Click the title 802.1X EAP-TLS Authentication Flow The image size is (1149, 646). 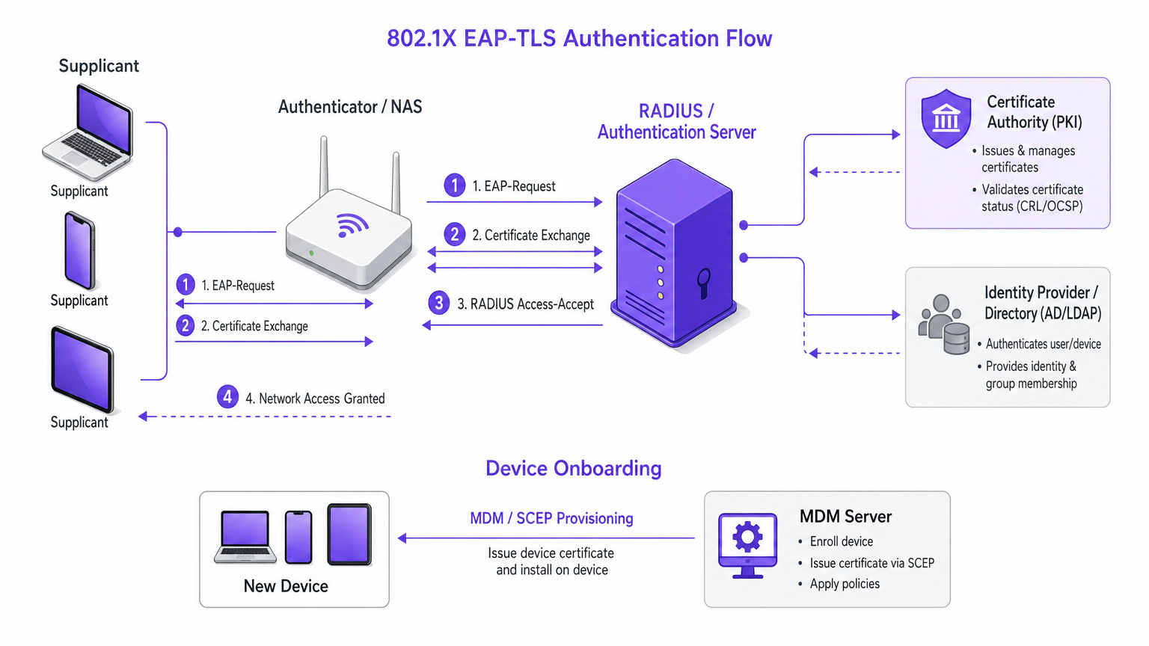pos(579,38)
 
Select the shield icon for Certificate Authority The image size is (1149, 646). pos(946,119)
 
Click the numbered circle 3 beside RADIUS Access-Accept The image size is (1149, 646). pos(439,303)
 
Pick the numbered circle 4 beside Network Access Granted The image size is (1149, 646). pos(227,397)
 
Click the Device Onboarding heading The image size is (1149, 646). pos(574,468)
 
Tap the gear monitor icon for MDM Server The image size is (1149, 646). pos(747,544)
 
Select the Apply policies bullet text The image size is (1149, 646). pos(845,584)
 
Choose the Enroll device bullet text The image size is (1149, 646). pos(841,541)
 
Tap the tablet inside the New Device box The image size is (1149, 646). pos(349,535)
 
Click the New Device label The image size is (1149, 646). pos(286,586)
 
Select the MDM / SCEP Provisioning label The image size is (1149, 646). pos(551,518)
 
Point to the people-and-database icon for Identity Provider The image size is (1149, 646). pos(944,324)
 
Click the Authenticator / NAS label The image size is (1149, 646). pos(350,107)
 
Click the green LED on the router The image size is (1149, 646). pos(311,253)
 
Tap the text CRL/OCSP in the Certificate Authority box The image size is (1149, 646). pos(1052,206)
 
